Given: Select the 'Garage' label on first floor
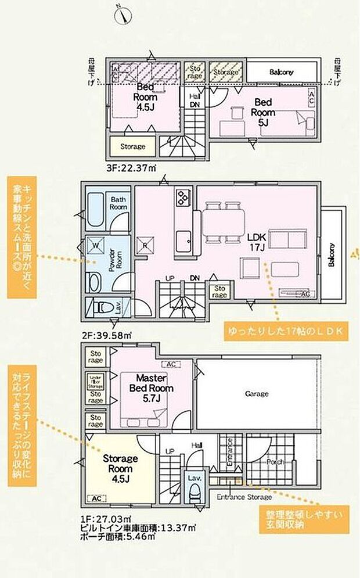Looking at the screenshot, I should tap(256, 393).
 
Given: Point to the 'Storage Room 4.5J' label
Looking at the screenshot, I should tap(120, 469).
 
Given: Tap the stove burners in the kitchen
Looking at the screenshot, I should tap(182, 198).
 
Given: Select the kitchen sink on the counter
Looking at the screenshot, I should tap(185, 238).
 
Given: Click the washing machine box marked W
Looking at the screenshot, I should tap(95, 245).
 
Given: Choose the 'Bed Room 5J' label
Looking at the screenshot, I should tap(263, 113).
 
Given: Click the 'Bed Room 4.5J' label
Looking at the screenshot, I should tap(145, 98).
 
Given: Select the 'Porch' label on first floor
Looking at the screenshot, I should tap(275, 462).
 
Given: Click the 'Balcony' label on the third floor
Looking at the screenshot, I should tap(281, 72).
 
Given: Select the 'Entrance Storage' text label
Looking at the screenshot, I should tap(244, 497).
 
